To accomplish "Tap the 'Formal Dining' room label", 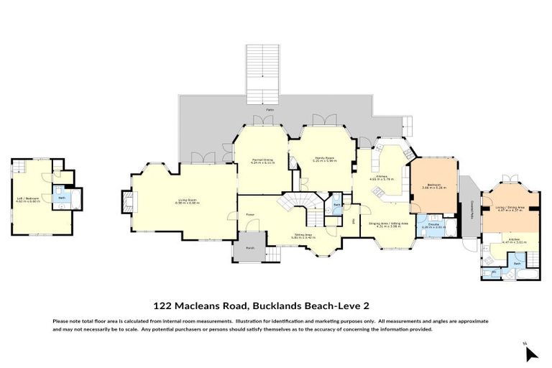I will pyautogui.click(x=261, y=162).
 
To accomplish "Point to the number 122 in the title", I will pyautogui.click(x=162, y=305).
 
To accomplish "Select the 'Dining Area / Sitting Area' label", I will pyautogui.click(x=389, y=225).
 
